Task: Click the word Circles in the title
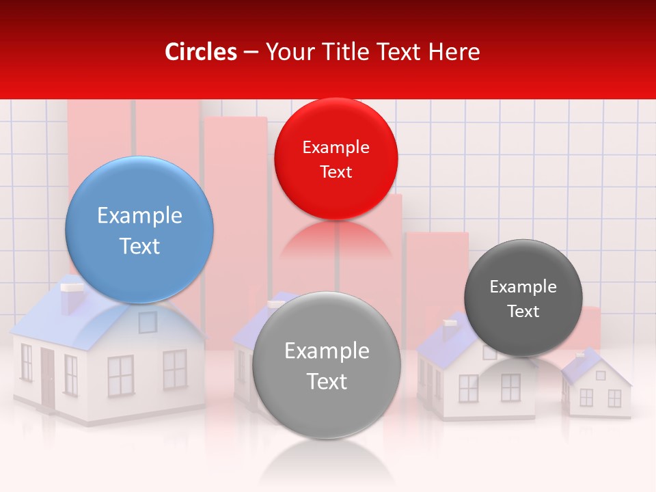[200, 52]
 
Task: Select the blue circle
[139, 230]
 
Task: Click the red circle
[336, 159]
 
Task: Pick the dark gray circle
[523, 298]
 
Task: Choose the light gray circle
[327, 364]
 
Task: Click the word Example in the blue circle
[139, 216]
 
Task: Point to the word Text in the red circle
[336, 172]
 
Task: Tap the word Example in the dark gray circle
[523, 287]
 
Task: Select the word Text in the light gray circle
[327, 381]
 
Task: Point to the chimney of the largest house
[70, 299]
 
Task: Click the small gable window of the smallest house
[601, 375]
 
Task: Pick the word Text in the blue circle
[139, 246]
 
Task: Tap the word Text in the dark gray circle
[523, 312]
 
